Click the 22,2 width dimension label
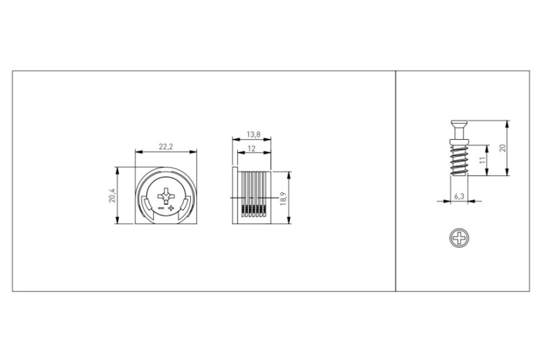tap(165, 146)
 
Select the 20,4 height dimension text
tap(112, 196)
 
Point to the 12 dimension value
tap(252, 148)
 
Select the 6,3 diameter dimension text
tap(459, 196)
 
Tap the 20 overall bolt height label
tap(502, 148)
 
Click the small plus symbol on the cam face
tap(171, 209)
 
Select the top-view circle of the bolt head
tap(459, 238)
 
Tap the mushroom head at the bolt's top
tap(459, 124)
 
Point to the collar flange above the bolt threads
tap(459, 140)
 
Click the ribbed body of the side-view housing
tap(253, 196)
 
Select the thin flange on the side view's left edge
tap(234, 196)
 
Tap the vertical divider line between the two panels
tap(396, 181)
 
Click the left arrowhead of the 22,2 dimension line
tap(138, 151)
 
